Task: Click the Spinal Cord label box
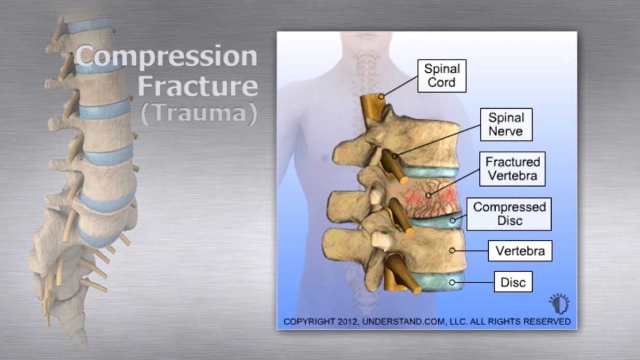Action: [442, 76]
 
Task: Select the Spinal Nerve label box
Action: [506, 125]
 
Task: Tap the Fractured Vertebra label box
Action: [512, 168]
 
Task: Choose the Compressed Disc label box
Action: [509, 214]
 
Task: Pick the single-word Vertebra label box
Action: [520, 251]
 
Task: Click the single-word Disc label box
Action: [513, 282]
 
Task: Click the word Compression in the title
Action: [167, 56]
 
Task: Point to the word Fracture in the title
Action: [198, 86]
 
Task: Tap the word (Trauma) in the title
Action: [199, 114]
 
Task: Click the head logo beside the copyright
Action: [559, 304]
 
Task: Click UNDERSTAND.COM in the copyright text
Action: [402, 321]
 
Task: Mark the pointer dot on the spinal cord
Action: [381, 97]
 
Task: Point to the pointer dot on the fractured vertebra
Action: [429, 195]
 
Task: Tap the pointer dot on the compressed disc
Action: [452, 221]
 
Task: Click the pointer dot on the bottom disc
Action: [452, 282]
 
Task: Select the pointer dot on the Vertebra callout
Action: [452, 250]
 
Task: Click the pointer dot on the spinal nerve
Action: [395, 156]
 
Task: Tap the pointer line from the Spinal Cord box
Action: [400, 86]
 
